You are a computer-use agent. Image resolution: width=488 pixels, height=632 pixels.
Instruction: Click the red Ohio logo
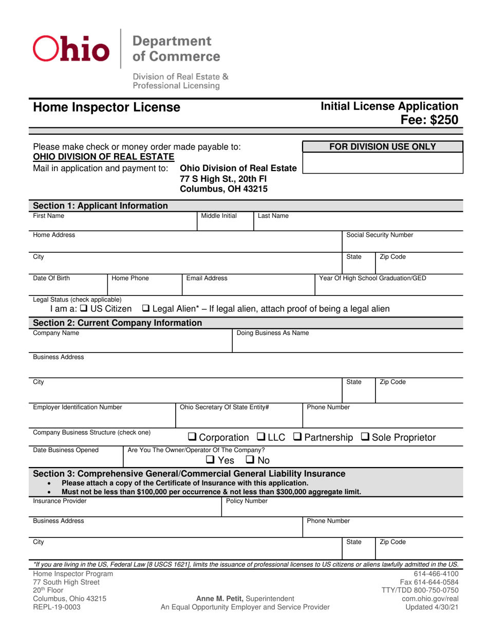point(71,48)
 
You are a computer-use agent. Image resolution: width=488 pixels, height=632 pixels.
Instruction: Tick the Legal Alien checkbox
point(145,309)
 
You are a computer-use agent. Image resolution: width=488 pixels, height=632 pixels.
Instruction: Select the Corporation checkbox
point(192,438)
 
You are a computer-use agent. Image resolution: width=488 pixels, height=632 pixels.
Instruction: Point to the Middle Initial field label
point(219,216)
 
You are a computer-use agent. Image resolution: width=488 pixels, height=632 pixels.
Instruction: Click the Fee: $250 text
point(430,120)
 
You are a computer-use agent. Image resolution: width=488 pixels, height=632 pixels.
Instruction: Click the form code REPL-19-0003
point(57,607)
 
